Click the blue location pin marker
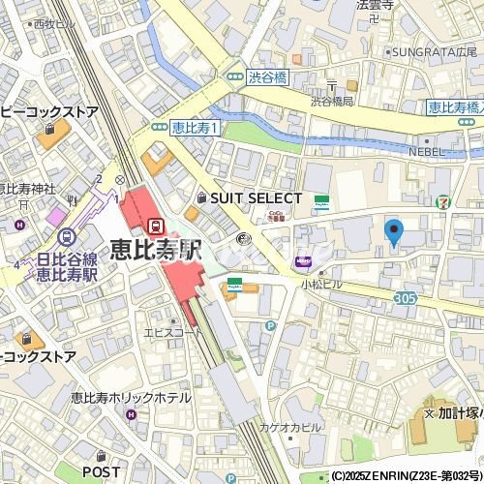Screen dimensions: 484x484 [x=393, y=232]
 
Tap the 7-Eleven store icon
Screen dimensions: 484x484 [x=442, y=202]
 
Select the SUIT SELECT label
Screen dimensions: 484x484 [x=249, y=197]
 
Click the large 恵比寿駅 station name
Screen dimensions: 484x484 [x=154, y=249]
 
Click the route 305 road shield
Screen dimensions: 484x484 [x=406, y=300]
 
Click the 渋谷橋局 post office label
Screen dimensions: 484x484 [x=332, y=101]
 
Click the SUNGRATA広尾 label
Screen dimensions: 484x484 [x=432, y=51]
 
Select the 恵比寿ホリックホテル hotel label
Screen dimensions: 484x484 [x=130, y=398]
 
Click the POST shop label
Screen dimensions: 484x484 [x=101, y=470]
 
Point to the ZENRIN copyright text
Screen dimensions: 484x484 [x=406, y=476]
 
